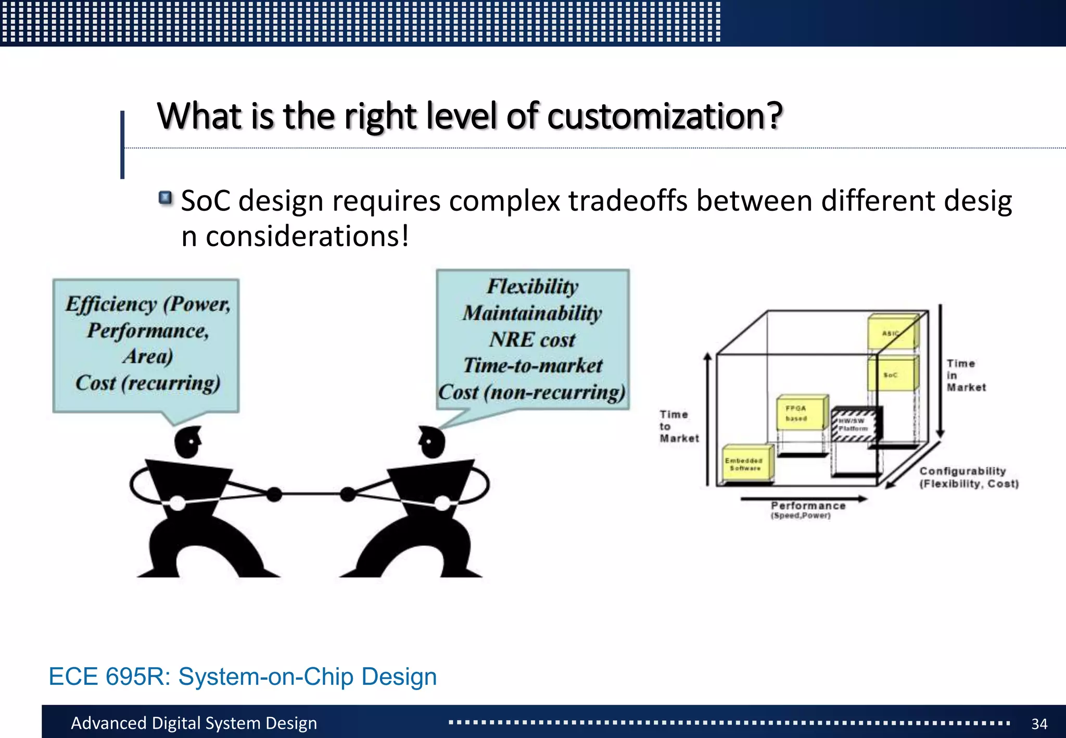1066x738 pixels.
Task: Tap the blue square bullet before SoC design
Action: pos(166,198)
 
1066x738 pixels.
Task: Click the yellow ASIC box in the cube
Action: pos(891,332)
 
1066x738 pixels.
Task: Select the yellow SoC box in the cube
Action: pos(891,374)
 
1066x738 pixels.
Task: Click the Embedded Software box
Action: pos(745,463)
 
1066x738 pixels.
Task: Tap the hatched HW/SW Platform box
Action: pos(854,425)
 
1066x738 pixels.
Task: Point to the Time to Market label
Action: pos(678,426)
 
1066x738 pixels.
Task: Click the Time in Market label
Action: pos(966,375)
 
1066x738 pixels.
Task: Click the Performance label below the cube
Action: pos(807,506)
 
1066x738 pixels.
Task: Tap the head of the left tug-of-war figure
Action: pos(187,442)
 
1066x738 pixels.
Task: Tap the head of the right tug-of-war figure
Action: pos(433,442)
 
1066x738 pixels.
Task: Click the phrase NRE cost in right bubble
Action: pos(532,340)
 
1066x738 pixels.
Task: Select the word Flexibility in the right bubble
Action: pos(532,287)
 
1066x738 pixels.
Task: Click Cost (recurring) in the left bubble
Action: pos(148,383)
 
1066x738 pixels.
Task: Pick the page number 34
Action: pos(1039,723)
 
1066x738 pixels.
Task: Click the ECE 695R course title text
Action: pos(243,677)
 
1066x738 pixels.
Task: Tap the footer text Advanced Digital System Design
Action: pos(194,723)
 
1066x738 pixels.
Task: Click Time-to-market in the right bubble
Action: pos(532,366)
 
